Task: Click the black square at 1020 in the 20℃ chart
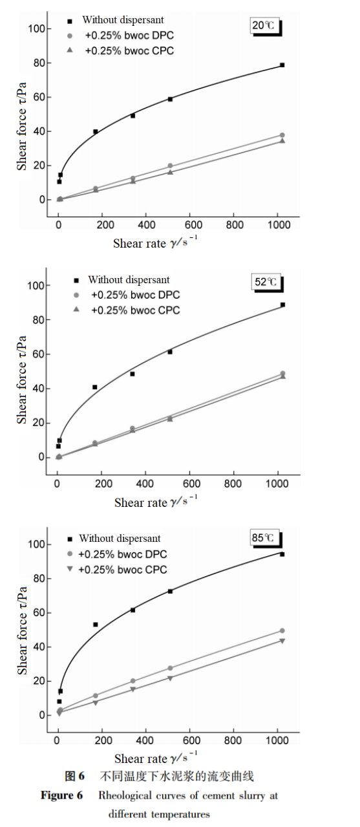coord(282,65)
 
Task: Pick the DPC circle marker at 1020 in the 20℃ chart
coord(282,135)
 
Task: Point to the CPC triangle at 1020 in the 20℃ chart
coord(282,141)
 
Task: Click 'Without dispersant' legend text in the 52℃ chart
coord(129,280)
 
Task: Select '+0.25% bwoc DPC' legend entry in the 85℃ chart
coord(122,554)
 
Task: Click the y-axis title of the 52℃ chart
coord(22,380)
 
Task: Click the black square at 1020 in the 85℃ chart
coord(282,554)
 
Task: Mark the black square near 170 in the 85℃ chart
coord(95,625)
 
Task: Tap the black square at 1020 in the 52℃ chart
coord(282,305)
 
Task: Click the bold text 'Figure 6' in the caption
coord(62,795)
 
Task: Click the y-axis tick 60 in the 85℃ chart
coord(38,613)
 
